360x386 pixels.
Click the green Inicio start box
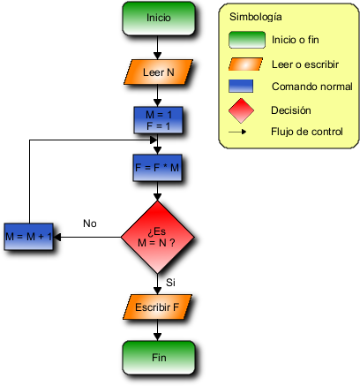click(x=159, y=19)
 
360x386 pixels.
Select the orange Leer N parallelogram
click(x=158, y=72)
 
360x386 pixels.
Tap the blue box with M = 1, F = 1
click(x=158, y=120)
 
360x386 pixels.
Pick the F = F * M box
click(x=157, y=168)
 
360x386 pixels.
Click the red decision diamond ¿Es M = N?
click(x=158, y=238)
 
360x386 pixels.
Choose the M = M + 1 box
click(x=28, y=237)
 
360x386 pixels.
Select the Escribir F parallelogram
click(x=157, y=307)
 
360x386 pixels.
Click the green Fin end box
click(x=159, y=358)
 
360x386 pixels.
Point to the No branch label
click(x=90, y=223)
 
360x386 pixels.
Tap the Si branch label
click(x=170, y=283)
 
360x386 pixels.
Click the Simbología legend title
click(x=256, y=17)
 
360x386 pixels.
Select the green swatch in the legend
click(x=247, y=40)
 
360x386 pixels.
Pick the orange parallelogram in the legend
click(x=245, y=64)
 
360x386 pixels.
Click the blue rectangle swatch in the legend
click(x=241, y=86)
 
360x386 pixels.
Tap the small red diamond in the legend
click(x=241, y=110)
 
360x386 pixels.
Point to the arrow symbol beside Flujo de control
click(x=237, y=132)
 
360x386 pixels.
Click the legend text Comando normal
click(x=312, y=87)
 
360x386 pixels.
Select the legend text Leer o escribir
click(x=305, y=64)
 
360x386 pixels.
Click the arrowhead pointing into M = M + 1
click(x=57, y=237)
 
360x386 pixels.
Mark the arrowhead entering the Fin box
click(x=158, y=337)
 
